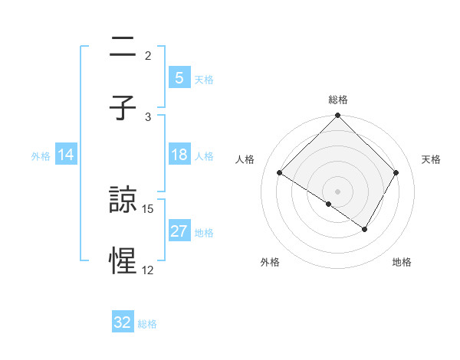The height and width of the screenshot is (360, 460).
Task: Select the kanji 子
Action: [x=123, y=106]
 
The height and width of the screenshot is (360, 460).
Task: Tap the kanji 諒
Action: [x=123, y=200]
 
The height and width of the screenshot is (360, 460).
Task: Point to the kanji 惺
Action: [x=123, y=260]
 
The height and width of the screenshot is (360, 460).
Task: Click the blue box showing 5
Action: [x=179, y=77]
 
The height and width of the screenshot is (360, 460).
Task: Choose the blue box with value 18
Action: [x=179, y=155]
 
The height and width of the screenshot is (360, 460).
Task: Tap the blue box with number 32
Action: [x=123, y=322]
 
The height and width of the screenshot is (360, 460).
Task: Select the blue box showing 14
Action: [x=66, y=155]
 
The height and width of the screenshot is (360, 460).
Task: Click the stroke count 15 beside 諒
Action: [x=149, y=208]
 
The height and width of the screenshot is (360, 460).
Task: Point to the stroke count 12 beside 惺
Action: [x=149, y=270]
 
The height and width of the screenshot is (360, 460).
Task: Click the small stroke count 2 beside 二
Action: [x=148, y=55]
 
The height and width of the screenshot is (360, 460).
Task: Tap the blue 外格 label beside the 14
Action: [x=41, y=155]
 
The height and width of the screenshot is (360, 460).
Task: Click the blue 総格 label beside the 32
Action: [x=147, y=324]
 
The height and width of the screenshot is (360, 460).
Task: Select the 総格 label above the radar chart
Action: [x=338, y=100]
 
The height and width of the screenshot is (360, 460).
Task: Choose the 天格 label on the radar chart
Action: [x=431, y=159]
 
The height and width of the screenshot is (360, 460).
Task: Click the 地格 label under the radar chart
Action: [x=402, y=262]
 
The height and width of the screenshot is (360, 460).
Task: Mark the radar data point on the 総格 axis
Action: [x=337, y=116]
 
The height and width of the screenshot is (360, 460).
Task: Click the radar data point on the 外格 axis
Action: [x=329, y=204]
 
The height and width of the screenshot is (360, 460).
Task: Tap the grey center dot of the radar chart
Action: [x=337, y=191]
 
